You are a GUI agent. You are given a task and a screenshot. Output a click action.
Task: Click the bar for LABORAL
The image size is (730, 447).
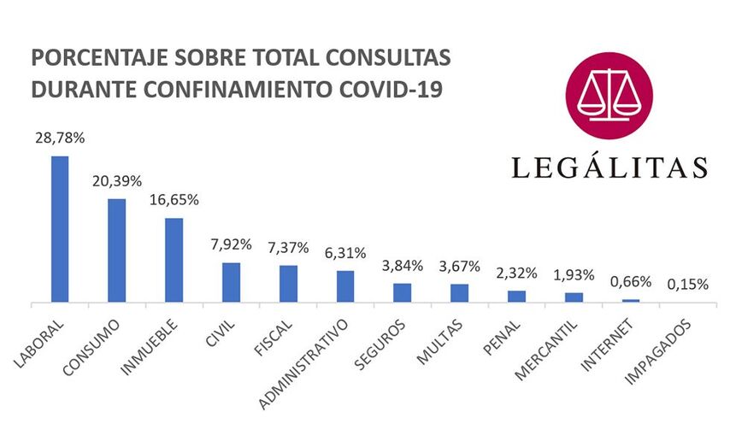pos(60,228)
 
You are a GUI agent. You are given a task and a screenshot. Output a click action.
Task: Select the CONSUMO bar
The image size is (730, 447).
pos(117,250)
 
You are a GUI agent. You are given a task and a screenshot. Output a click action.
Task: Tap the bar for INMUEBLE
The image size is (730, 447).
pos(174,260)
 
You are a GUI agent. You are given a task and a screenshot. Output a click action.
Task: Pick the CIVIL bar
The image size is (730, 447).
pos(231,282)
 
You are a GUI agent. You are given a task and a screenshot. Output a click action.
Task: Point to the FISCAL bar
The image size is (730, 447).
pos(288,284)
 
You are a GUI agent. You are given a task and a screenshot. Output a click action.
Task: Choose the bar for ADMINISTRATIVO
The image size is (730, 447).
pos(345,286)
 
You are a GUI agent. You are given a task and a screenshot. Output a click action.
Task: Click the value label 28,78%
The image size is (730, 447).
pos(59,138)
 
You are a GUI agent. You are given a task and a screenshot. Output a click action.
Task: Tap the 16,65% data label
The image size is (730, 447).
pos(174,200)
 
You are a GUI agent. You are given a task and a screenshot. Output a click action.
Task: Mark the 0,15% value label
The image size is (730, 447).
pos(688,284)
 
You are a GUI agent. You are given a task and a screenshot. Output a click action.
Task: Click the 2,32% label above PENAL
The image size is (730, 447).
pos(516,273)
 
